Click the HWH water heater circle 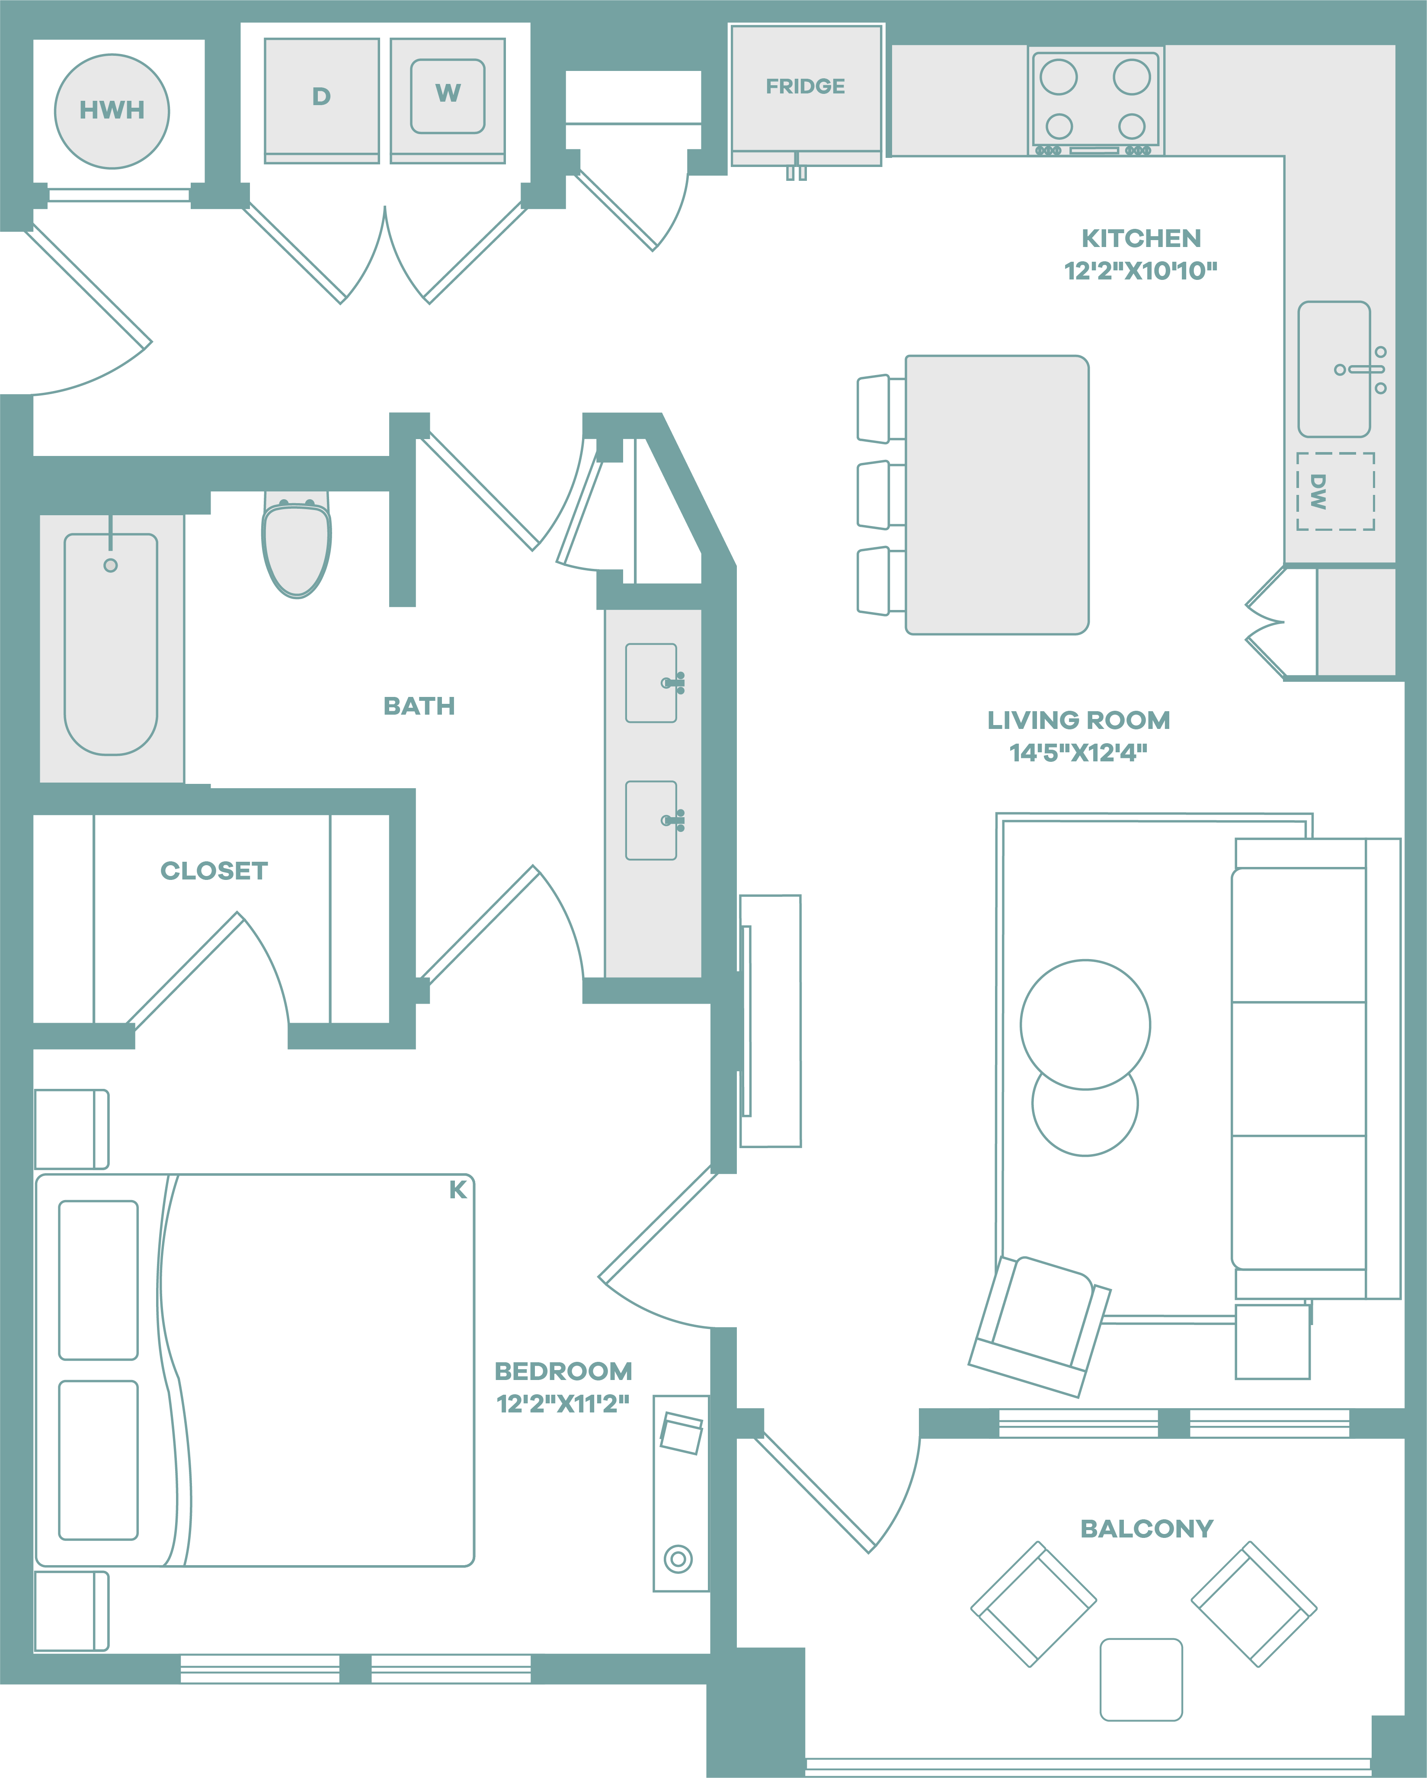coord(112,111)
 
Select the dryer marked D coord(322,101)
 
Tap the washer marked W coord(448,101)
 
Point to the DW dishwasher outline coord(1335,491)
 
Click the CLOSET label coord(214,871)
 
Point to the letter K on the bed coord(458,1190)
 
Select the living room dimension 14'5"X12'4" coord(1078,752)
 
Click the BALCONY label coord(1147,1529)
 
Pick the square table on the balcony coord(1141,1680)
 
